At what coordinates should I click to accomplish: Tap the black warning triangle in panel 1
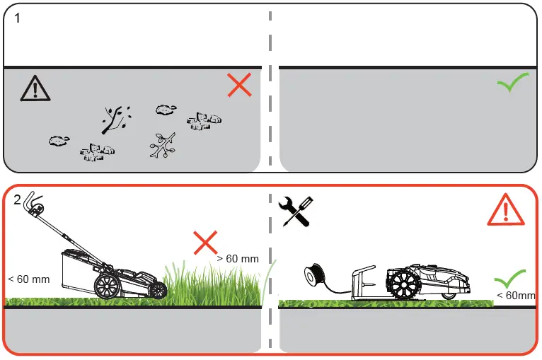click(x=31, y=88)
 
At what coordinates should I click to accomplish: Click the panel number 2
click(x=18, y=200)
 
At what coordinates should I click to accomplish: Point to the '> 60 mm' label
click(x=238, y=259)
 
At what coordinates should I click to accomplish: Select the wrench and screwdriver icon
click(x=296, y=211)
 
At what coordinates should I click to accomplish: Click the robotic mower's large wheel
click(x=404, y=285)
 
